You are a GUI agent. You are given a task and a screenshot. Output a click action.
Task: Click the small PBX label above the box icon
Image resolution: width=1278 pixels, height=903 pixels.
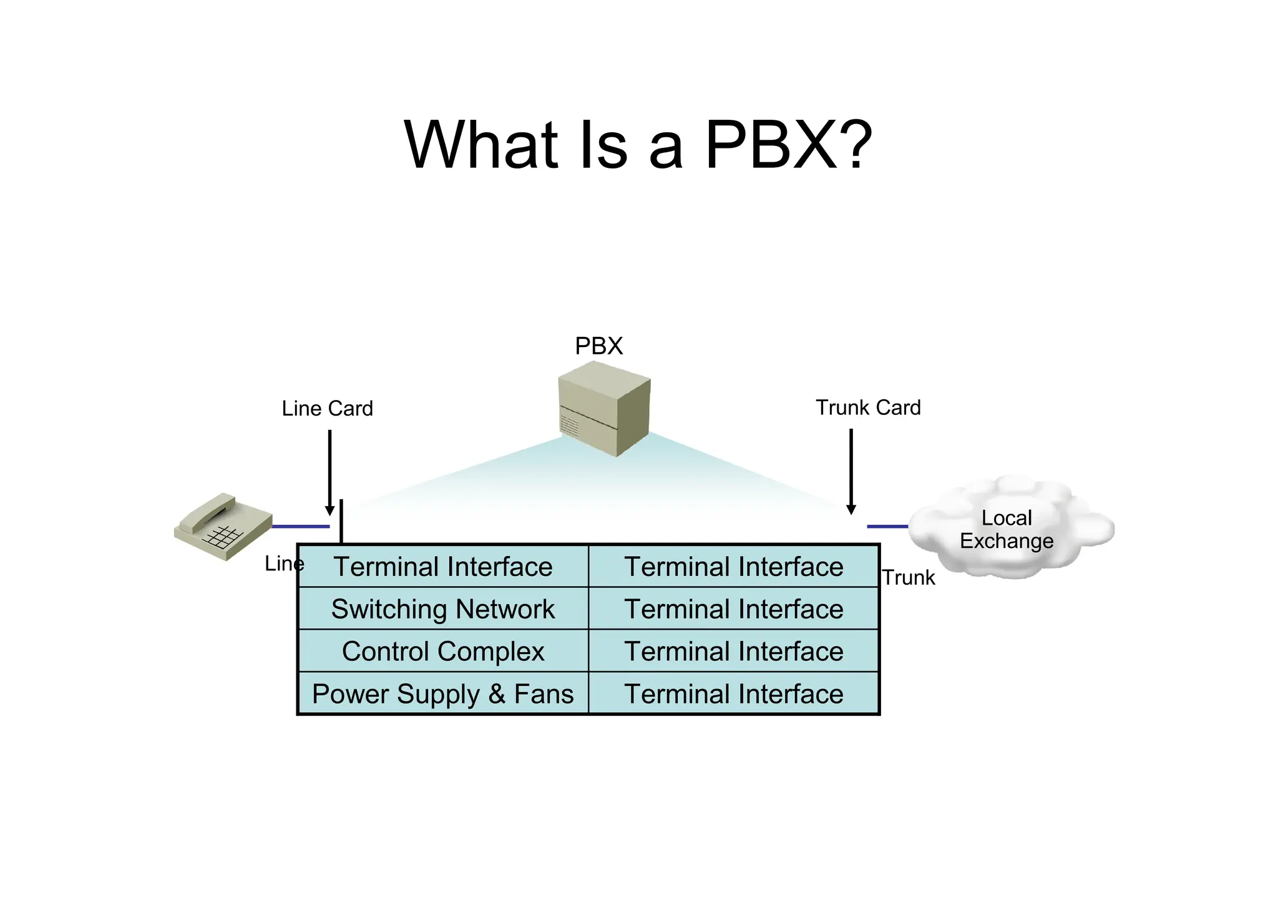pyautogui.click(x=598, y=346)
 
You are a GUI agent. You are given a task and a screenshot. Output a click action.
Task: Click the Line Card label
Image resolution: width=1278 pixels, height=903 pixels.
pyautogui.click(x=327, y=409)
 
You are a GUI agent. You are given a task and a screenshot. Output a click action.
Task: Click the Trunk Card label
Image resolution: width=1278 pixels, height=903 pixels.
pyautogui.click(x=868, y=408)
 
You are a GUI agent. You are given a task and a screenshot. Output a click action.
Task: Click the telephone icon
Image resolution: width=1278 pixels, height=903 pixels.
pyautogui.click(x=223, y=525)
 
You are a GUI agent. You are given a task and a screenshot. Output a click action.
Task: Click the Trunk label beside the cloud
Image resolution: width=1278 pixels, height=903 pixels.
pyautogui.click(x=908, y=578)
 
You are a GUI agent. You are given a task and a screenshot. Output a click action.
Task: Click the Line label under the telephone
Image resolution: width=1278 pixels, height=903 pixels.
pyautogui.click(x=284, y=564)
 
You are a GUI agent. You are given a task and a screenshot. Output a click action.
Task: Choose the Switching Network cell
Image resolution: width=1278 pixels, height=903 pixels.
pyautogui.click(x=443, y=609)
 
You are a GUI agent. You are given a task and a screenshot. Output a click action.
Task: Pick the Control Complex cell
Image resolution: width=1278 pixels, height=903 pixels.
pyautogui.click(x=443, y=652)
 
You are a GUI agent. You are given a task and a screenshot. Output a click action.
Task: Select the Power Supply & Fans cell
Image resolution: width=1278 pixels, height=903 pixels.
pyautogui.click(x=443, y=694)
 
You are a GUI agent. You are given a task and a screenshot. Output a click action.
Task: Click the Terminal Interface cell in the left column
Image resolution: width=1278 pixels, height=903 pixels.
pyautogui.click(x=443, y=567)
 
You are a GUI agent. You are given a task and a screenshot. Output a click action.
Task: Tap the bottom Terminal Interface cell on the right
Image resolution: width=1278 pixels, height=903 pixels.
pyautogui.click(x=734, y=694)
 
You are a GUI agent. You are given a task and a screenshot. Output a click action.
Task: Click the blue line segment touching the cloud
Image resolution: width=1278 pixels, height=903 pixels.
pyautogui.click(x=887, y=527)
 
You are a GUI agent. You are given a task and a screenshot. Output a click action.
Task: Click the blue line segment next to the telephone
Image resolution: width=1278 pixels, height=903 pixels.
pyautogui.click(x=301, y=527)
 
